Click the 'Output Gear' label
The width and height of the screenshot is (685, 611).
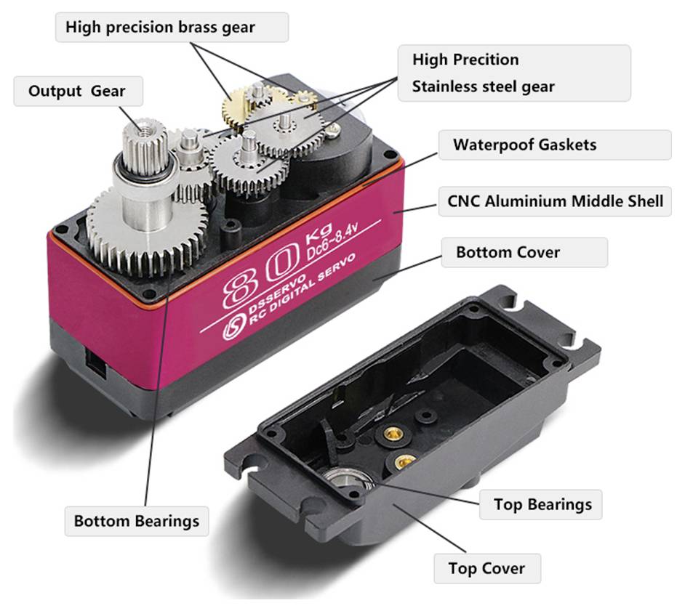click(x=78, y=92)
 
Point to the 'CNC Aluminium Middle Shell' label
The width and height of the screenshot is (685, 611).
click(x=555, y=201)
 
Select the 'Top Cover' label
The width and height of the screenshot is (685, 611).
click(x=487, y=568)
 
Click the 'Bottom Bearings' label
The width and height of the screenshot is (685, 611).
click(x=136, y=521)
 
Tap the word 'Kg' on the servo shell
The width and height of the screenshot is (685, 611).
click(x=319, y=234)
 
